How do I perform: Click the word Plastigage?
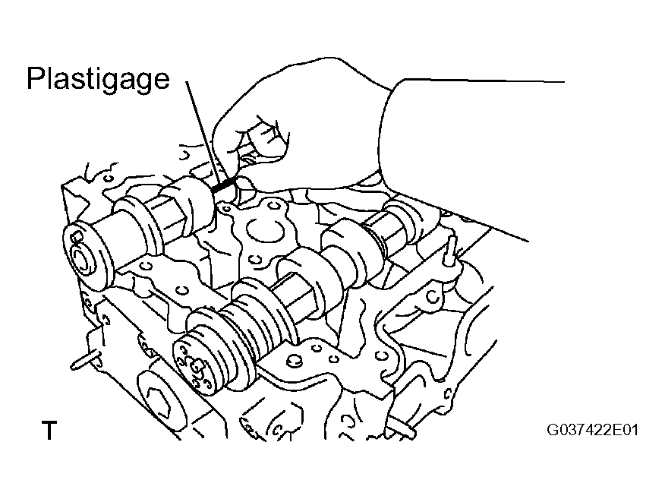(x=98, y=79)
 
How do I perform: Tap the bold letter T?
(x=49, y=430)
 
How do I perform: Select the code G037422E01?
(x=592, y=430)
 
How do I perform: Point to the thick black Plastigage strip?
(x=223, y=185)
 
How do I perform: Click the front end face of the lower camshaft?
(x=197, y=364)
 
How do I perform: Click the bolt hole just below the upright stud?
(x=432, y=296)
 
